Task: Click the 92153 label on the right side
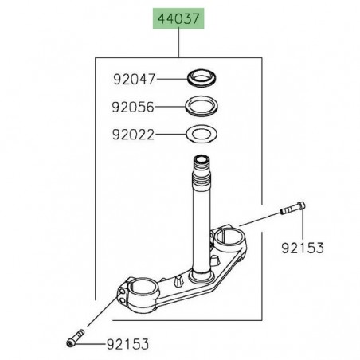click(x=303, y=248)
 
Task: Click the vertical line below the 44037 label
click(x=180, y=43)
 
